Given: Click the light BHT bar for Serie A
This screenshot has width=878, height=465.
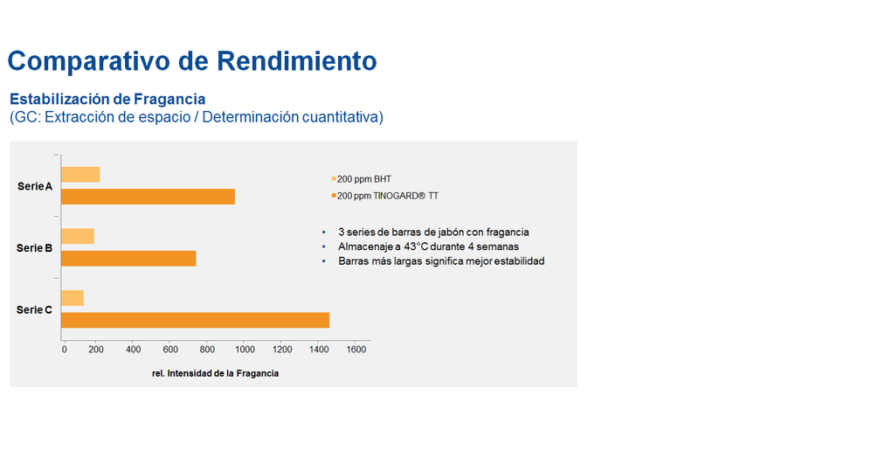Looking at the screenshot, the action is [x=80, y=175].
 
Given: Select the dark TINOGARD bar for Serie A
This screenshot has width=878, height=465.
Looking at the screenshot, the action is [x=149, y=197].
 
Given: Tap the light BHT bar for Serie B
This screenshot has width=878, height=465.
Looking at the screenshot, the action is [x=78, y=236].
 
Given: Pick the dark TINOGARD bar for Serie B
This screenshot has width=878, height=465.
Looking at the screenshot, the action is [x=128, y=258].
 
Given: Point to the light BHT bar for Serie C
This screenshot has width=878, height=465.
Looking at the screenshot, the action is [x=73, y=298].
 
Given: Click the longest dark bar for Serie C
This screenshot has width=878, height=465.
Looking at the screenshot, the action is [x=196, y=320].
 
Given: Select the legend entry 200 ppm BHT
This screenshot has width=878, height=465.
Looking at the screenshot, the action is [x=361, y=179].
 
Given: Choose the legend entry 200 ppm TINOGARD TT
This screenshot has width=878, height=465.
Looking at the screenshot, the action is [x=384, y=196].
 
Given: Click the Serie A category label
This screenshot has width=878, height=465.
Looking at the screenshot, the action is [x=35, y=186].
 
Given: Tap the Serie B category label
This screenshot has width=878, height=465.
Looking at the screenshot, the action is [x=34, y=248].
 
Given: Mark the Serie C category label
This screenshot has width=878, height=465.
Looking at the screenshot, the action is [x=34, y=309].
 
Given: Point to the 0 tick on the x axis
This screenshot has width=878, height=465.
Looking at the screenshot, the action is [x=65, y=350].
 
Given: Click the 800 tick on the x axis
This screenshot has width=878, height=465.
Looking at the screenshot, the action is [x=207, y=350].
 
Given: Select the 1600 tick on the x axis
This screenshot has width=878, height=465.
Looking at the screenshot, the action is [x=356, y=350].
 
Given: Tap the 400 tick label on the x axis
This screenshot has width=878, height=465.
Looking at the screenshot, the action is [x=134, y=350].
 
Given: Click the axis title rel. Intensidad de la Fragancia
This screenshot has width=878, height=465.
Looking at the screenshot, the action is [x=215, y=374].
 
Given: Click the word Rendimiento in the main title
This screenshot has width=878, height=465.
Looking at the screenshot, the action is [x=297, y=60].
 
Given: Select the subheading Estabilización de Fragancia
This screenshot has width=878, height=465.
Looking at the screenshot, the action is [x=107, y=99].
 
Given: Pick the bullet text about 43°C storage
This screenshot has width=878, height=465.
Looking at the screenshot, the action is [x=428, y=246].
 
